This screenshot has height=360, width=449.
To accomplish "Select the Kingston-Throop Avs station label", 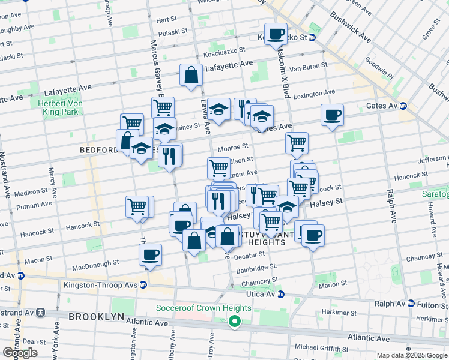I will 101,284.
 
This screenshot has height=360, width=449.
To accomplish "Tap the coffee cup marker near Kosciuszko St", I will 276,34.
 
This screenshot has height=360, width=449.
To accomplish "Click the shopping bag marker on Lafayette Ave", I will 191,76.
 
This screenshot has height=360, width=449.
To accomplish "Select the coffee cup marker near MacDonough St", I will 151,254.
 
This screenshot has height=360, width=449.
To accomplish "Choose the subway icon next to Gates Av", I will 403,106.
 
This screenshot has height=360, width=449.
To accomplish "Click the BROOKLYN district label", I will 96,316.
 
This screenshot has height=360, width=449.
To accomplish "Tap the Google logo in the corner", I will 20,353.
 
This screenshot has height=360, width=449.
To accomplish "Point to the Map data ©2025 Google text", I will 412,355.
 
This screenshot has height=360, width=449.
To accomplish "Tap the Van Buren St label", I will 308,65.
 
